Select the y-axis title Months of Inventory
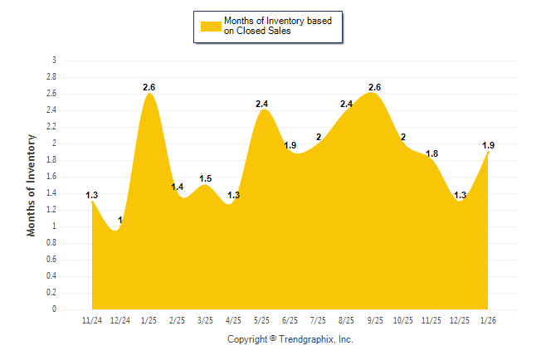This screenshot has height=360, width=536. click(x=32, y=185)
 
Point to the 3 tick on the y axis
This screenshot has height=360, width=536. click(x=54, y=61)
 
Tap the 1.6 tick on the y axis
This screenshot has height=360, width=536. click(x=51, y=177)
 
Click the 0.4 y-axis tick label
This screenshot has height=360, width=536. click(x=51, y=276)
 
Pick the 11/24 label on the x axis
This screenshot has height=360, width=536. click(x=92, y=319)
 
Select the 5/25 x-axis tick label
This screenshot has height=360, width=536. click(x=262, y=319)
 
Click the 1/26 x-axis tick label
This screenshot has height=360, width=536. click(x=489, y=319)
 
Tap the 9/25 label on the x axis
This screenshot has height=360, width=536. click(x=375, y=319)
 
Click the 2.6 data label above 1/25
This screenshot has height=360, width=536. click(x=149, y=87)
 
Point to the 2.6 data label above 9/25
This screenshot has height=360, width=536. click(x=374, y=87)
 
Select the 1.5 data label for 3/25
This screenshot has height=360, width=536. click(x=206, y=178)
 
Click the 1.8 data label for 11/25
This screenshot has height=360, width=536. click(x=432, y=153)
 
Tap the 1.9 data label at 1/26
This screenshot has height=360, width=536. click(x=490, y=145)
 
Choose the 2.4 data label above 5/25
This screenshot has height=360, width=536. click(x=262, y=104)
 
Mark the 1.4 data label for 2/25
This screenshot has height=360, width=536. click(x=178, y=187)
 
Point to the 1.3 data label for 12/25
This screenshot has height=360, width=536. click(x=460, y=195)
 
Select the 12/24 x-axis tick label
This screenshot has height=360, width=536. click(x=120, y=319)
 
